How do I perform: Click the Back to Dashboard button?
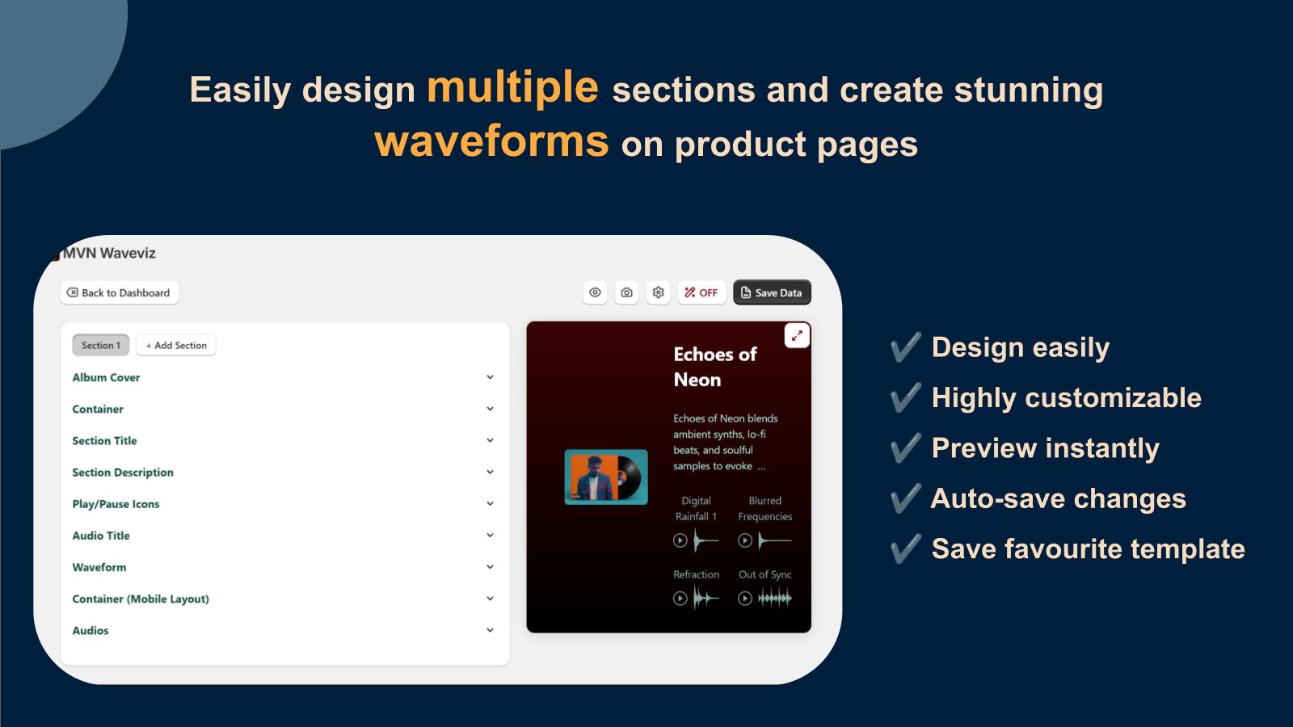pyautogui.click(x=120, y=292)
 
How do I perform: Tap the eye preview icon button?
pyautogui.click(x=595, y=292)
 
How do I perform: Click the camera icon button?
pyautogui.click(x=626, y=292)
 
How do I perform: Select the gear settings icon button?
pyautogui.click(x=658, y=292)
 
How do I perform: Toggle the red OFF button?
pyautogui.click(x=701, y=292)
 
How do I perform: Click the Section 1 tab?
pyautogui.click(x=101, y=345)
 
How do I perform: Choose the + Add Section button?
pyautogui.click(x=176, y=345)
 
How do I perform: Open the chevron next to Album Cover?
pyautogui.click(x=490, y=377)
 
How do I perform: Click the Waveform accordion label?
pyautogui.click(x=99, y=567)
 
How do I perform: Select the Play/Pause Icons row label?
pyautogui.click(x=116, y=504)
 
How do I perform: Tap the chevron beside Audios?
pyautogui.click(x=490, y=630)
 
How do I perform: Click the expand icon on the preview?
pyautogui.click(x=797, y=336)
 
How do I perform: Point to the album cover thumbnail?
pyautogui.click(x=606, y=477)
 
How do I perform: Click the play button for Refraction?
pyautogui.click(x=680, y=599)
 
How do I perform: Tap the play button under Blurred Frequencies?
pyautogui.click(x=745, y=540)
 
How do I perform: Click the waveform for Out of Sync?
pyautogui.click(x=775, y=599)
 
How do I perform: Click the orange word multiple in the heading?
pyautogui.click(x=512, y=87)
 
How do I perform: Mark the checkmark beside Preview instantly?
pyautogui.click(x=906, y=448)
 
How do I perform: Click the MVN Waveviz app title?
pyautogui.click(x=109, y=253)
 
